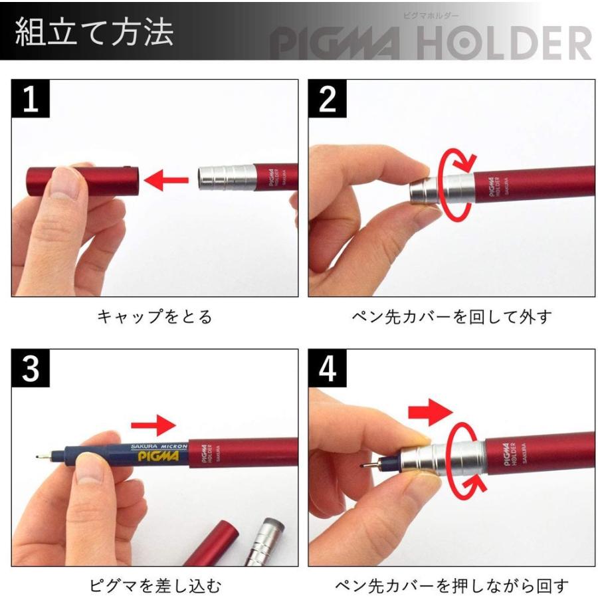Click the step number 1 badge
click(31, 98)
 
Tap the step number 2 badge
click(327, 98)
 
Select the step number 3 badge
click(31, 368)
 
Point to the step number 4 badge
click(327, 368)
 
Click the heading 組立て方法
click(94, 32)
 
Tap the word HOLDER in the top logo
click(504, 43)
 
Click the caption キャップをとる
click(154, 316)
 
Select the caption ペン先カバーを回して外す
click(452, 316)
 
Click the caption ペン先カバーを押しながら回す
click(452, 586)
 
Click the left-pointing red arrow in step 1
click(166, 180)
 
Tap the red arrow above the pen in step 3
click(153, 425)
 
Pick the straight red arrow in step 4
click(430, 412)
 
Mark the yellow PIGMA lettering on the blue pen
click(158, 456)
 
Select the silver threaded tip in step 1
click(226, 178)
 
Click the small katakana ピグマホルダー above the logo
click(431, 16)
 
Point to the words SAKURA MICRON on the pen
click(159, 447)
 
